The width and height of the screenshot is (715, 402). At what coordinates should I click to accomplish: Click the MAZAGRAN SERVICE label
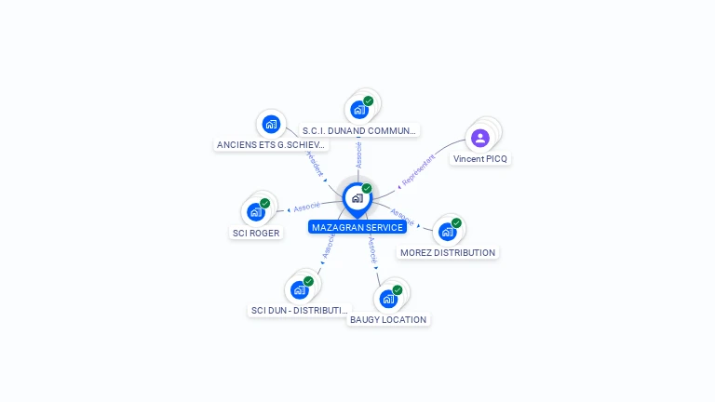tap(357, 227)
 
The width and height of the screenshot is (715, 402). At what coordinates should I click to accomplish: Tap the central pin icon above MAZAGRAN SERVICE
tap(357, 198)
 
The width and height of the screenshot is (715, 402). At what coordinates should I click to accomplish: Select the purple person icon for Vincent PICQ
tap(479, 139)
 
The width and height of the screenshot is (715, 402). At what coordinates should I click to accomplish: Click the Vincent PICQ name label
tap(481, 159)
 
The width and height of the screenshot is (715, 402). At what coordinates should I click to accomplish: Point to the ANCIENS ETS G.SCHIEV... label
tap(272, 145)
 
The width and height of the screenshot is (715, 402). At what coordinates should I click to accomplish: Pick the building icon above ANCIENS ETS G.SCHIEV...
tap(271, 124)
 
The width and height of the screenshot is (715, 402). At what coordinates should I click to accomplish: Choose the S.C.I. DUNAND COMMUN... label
tap(359, 131)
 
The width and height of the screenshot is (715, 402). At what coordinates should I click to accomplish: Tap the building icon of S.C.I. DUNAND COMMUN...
tap(358, 110)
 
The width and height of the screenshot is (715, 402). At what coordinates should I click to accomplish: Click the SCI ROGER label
tap(256, 234)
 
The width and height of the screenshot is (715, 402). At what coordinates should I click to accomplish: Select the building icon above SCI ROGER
tap(255, 212)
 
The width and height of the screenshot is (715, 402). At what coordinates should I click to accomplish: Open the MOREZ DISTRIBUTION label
tap(448, 253)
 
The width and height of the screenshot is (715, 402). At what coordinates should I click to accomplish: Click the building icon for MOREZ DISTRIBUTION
tap(448, 232)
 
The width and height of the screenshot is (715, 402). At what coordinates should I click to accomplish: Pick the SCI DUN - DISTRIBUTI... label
tap(300, 311)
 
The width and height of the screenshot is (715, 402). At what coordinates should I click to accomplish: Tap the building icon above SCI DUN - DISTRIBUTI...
tap(299, 289)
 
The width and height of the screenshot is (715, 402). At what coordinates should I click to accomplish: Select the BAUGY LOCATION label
tap(388, 320)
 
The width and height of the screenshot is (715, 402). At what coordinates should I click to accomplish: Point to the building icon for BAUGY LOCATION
tap(387, 299)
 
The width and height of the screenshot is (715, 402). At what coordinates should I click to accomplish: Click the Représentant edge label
tap(418, 169)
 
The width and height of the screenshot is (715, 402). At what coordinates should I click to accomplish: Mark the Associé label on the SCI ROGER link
tap(306, 207)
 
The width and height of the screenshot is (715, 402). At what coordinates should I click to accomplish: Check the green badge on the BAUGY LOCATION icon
tap(398, 290)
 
